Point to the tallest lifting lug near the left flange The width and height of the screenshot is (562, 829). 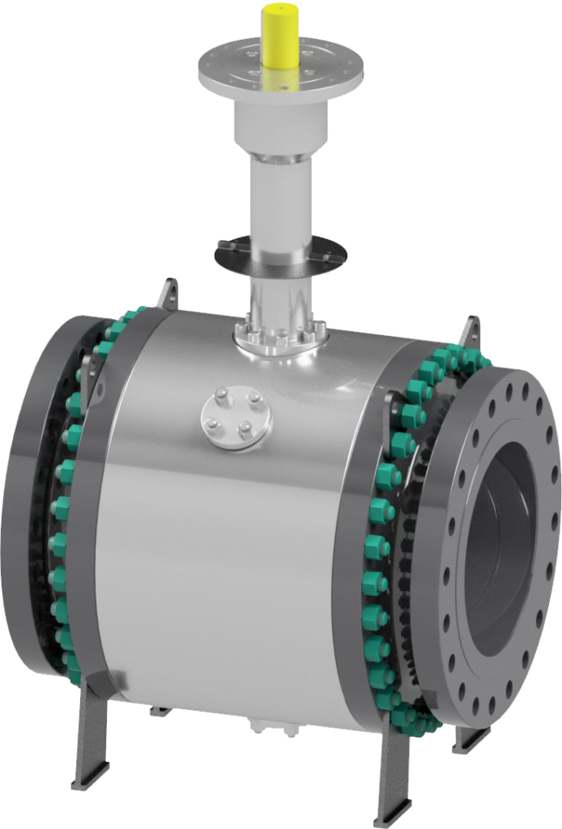170,293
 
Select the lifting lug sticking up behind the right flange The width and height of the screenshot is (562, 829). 471,334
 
